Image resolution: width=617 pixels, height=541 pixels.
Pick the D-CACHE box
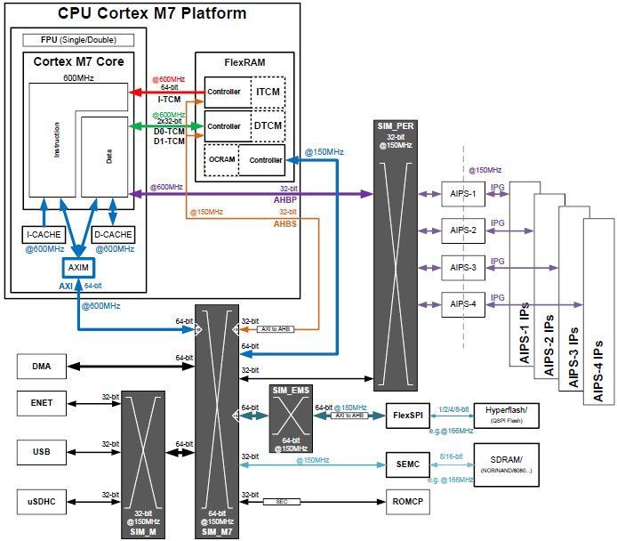pos(112,234)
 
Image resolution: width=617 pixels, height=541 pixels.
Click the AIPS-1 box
pos(463,194)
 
